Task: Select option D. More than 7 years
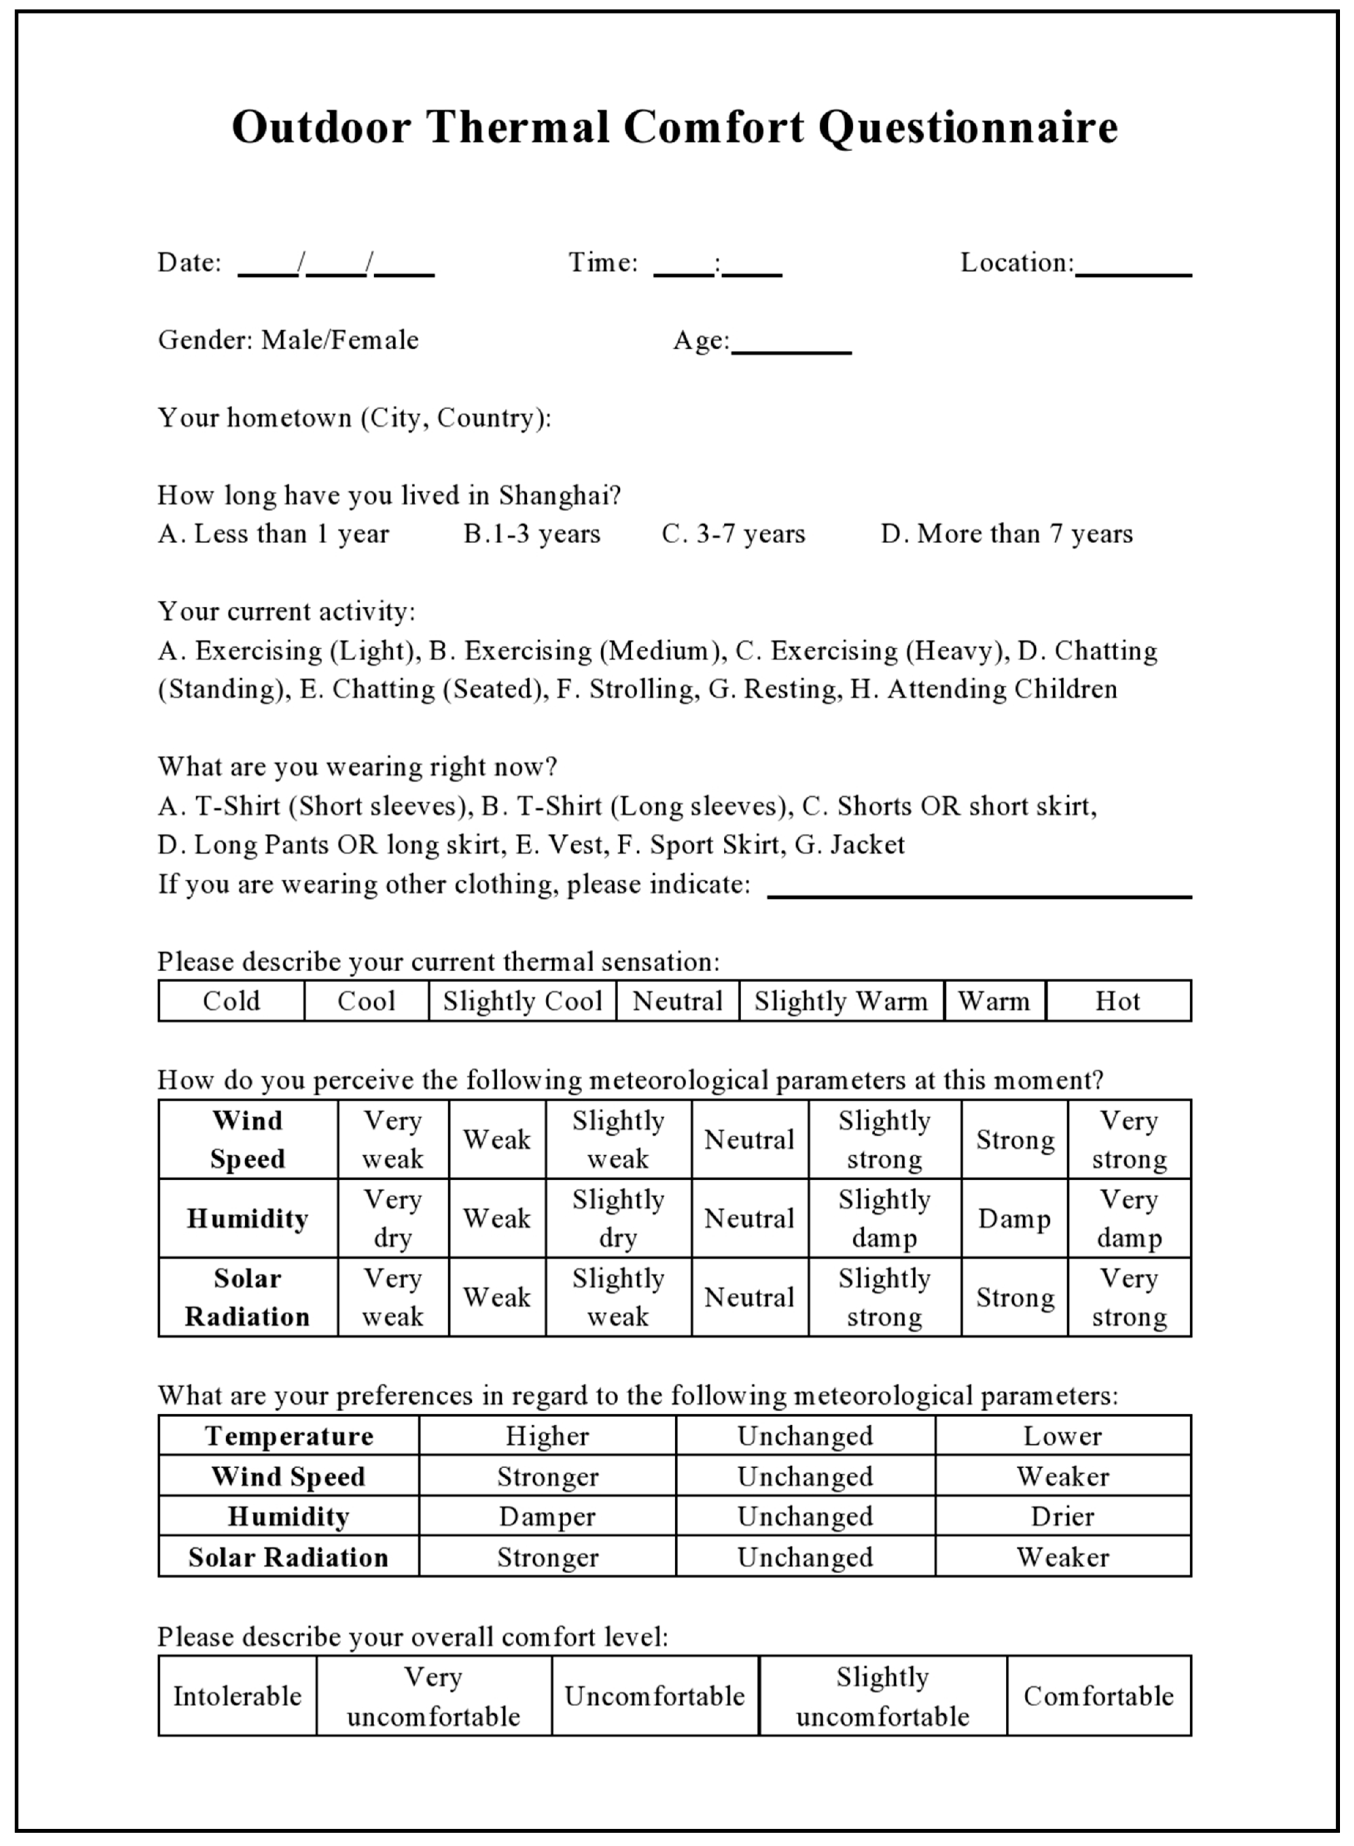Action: [x=1006, y=534]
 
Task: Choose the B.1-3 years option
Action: [x=532, y=534]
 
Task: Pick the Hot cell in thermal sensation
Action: [x=1118, y=1001]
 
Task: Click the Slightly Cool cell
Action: [x=522, y=1001]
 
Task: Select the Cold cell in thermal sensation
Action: [x=231, y=1001]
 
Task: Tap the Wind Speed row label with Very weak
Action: [x=248, y=1140]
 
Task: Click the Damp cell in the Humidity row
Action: [x=1014, y=1219]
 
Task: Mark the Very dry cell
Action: [x=393, y=1219]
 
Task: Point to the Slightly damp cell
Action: [x=884, y=1219]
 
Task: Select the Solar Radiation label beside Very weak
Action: [x=248, y=1298]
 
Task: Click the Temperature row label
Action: [x=289, y=1436]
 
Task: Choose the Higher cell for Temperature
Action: [x=547, y=1436]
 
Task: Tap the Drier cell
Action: [x=1062, y=1516]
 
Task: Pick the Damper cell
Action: [x=547, y=1516]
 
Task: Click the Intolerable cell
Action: [x=237, y=1696]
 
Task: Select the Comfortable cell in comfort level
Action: [x=1098, y=1696]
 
